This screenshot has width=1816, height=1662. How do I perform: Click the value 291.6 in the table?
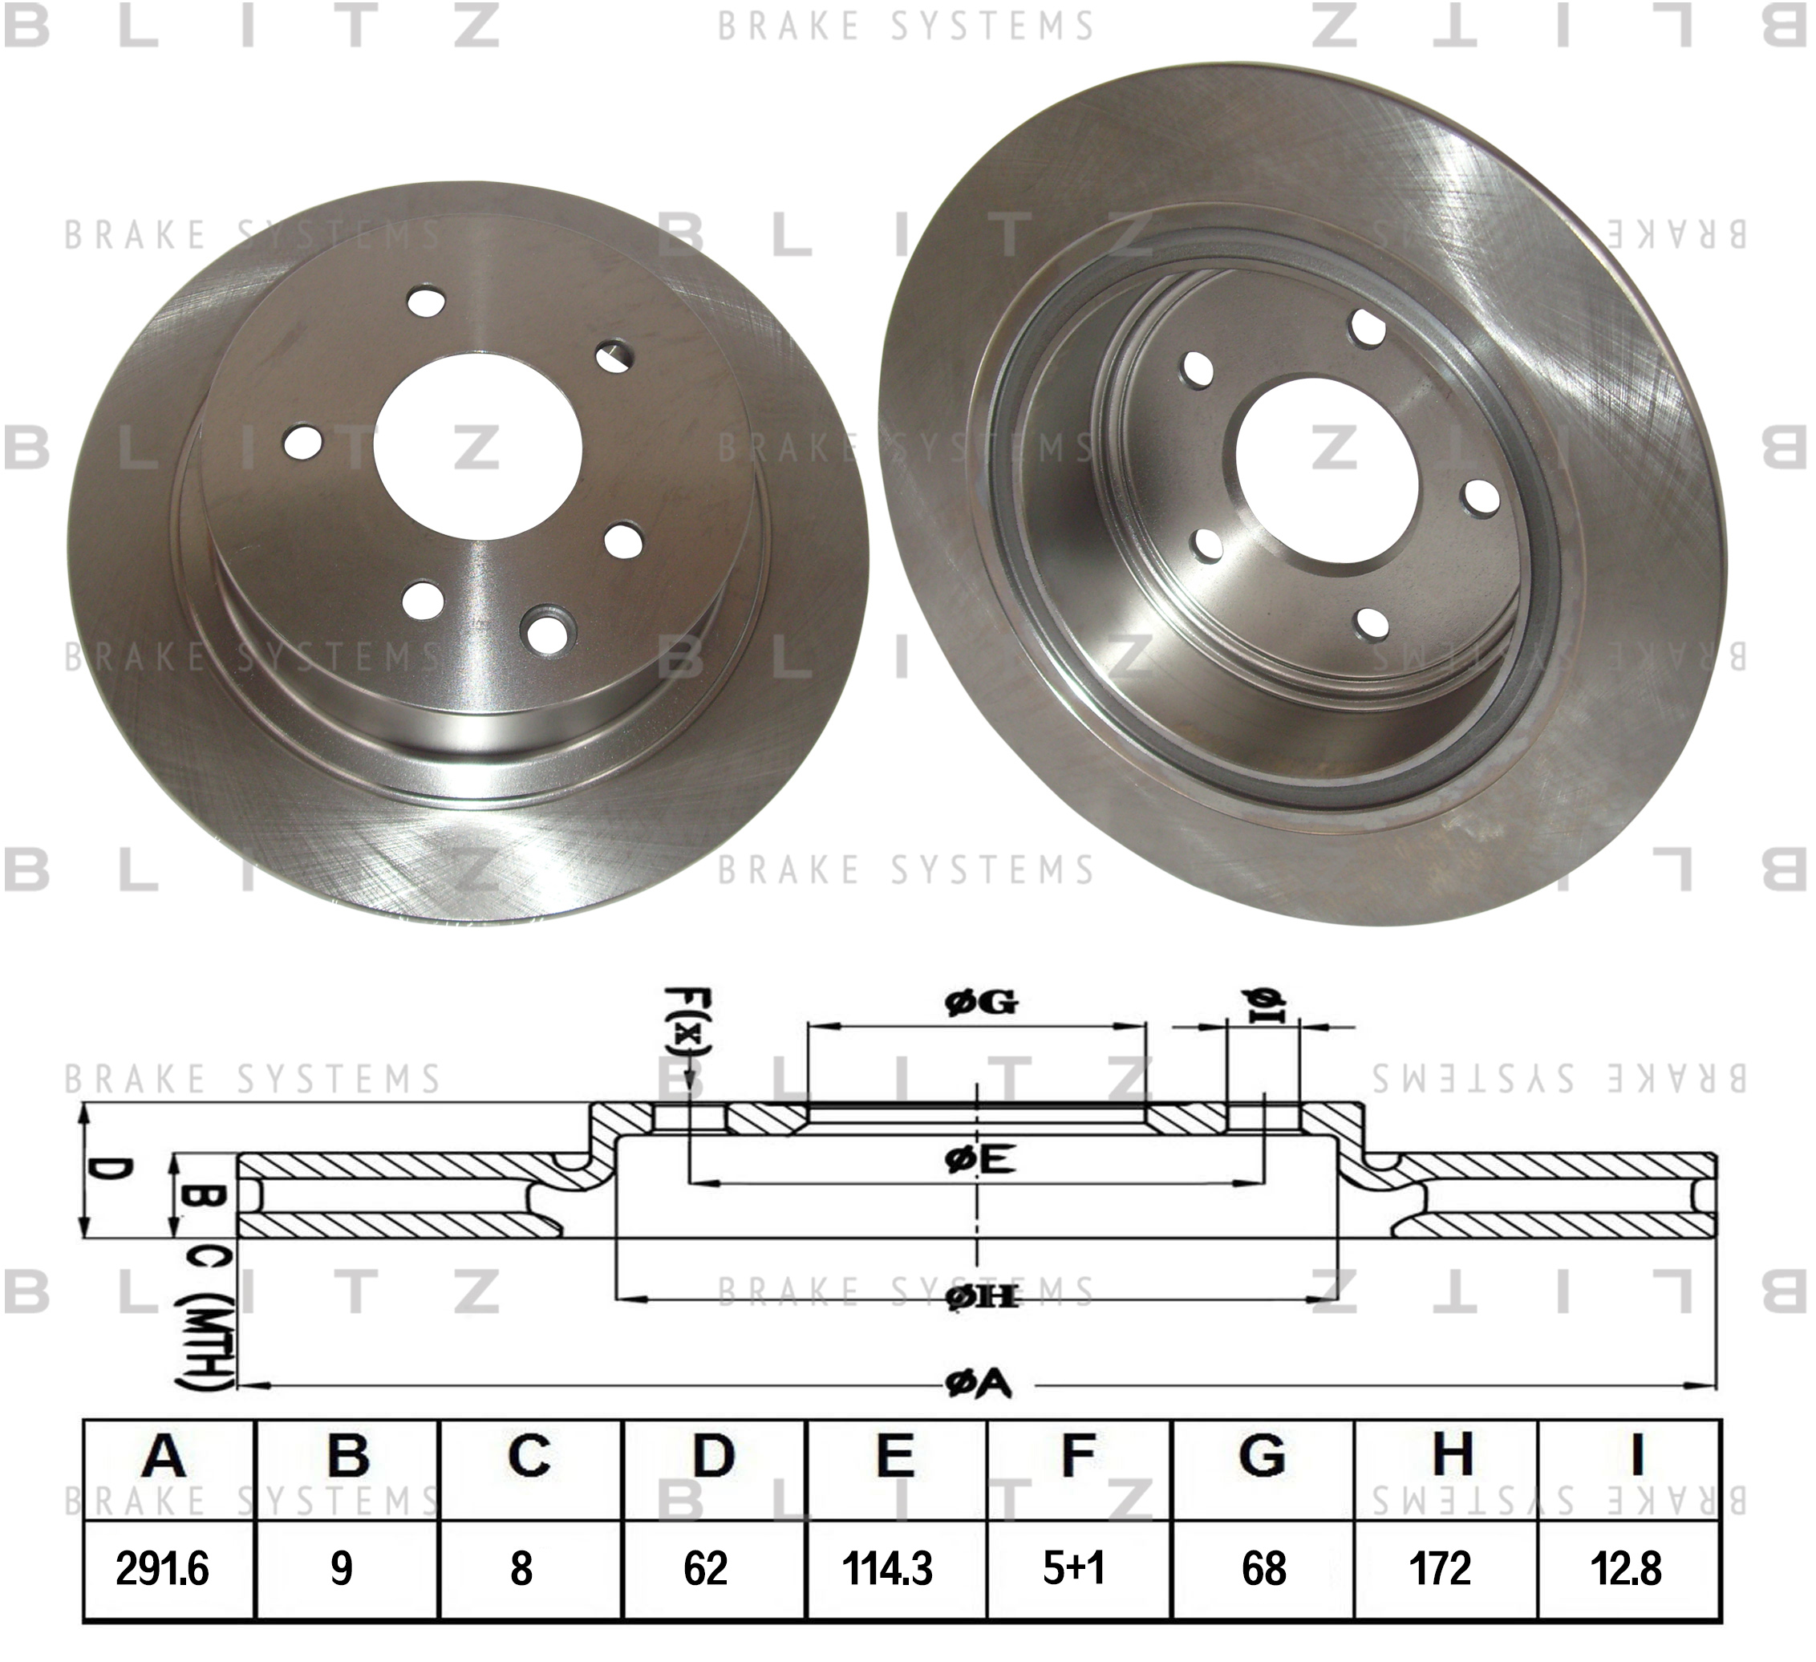162,1568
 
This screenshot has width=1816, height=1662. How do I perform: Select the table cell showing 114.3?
887,1568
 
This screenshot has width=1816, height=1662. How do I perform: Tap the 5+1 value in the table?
1074,1568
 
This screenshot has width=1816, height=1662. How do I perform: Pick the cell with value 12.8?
1626,1568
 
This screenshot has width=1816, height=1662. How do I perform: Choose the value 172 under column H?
1440,1568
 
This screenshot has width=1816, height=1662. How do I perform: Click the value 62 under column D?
705,1568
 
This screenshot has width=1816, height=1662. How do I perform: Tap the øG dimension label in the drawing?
981,1002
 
